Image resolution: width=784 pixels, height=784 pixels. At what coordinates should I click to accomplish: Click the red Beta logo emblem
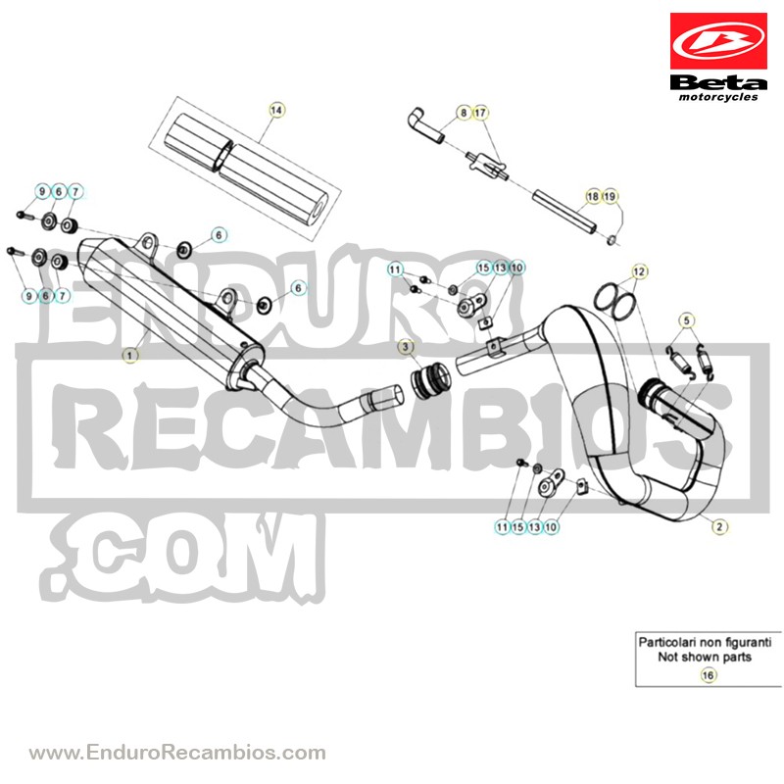(718, 41)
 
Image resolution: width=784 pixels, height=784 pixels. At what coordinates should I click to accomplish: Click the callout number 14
(276, 110)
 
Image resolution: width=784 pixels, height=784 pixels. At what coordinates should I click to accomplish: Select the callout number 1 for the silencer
(130, 356)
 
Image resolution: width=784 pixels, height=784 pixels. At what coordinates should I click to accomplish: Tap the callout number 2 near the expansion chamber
(719, 526)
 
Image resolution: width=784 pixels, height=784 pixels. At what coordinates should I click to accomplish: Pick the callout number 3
(406, 347)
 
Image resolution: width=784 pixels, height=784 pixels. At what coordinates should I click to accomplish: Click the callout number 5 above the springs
(687, 320)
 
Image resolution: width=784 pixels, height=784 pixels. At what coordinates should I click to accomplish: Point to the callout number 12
(640, 272)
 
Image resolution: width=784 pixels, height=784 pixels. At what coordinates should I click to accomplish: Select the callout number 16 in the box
(708, 675)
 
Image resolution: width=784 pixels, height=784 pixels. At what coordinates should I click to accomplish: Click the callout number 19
(610, 197)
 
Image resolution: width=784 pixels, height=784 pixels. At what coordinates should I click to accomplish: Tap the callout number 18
(593, 197)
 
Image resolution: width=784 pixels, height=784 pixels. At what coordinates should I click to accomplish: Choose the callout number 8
(464, 113)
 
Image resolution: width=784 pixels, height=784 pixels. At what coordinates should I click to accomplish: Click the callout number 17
(480, 113)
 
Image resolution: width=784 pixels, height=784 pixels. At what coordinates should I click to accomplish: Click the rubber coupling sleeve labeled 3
(429, 378)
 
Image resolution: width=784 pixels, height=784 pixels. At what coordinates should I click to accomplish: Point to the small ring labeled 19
(612, 241)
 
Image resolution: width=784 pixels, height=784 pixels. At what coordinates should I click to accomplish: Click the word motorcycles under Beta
(718, 97)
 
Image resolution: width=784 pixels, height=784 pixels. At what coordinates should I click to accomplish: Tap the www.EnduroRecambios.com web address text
(177, 752)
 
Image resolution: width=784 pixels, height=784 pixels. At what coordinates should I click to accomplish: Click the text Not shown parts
(705, 657)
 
